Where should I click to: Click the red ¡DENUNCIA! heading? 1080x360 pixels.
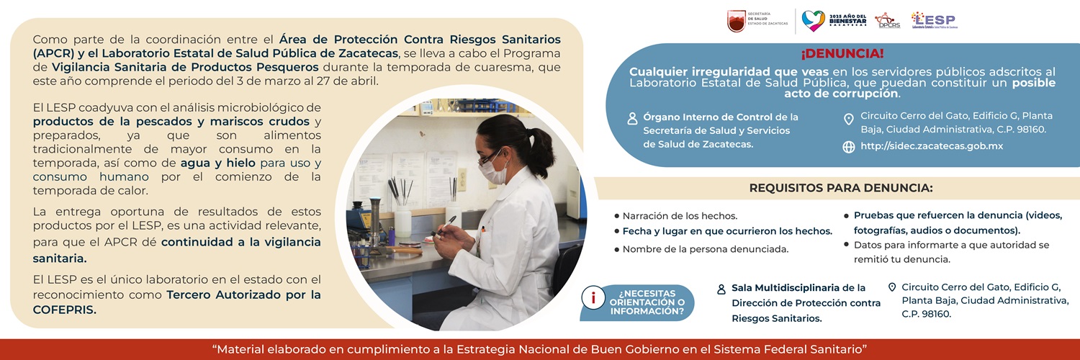pyautogui.click(x=842, y=53)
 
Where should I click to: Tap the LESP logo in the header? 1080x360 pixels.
pyautogui.click(x=934, y=20)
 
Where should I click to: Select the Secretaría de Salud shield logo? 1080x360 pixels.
pyautogui.click(x=737, y=21)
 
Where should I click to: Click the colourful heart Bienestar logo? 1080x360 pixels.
pyautogui.click(x=813, y=21)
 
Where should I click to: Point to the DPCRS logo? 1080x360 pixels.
pyautogui.click(x=888, y=21)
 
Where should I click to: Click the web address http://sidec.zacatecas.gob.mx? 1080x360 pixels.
pyautogui.click(x=932, y=146)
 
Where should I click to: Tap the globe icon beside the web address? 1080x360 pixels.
pyautogui.click(x=849, y=147)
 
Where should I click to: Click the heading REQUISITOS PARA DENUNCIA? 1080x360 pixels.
pyautogui.click(x=841, y=188)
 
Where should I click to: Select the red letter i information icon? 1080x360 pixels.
pyautogui.click(x=593, y=298)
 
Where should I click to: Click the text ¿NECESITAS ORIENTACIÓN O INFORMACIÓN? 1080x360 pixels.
pyautogui.click(x=647, y=302)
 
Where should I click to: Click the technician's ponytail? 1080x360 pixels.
pyautogui.click(x=541, y=153)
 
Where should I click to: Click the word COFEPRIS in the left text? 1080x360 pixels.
pyautogui.click(x=65, y=310)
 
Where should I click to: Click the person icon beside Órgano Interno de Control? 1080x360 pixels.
pyautogui.click(x=632, y=119)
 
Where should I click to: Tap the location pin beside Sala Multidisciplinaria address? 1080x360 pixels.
pyautogui.click(x=892, y=287)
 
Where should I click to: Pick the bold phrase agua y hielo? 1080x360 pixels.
pyautogui.click(x=218, y=163)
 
